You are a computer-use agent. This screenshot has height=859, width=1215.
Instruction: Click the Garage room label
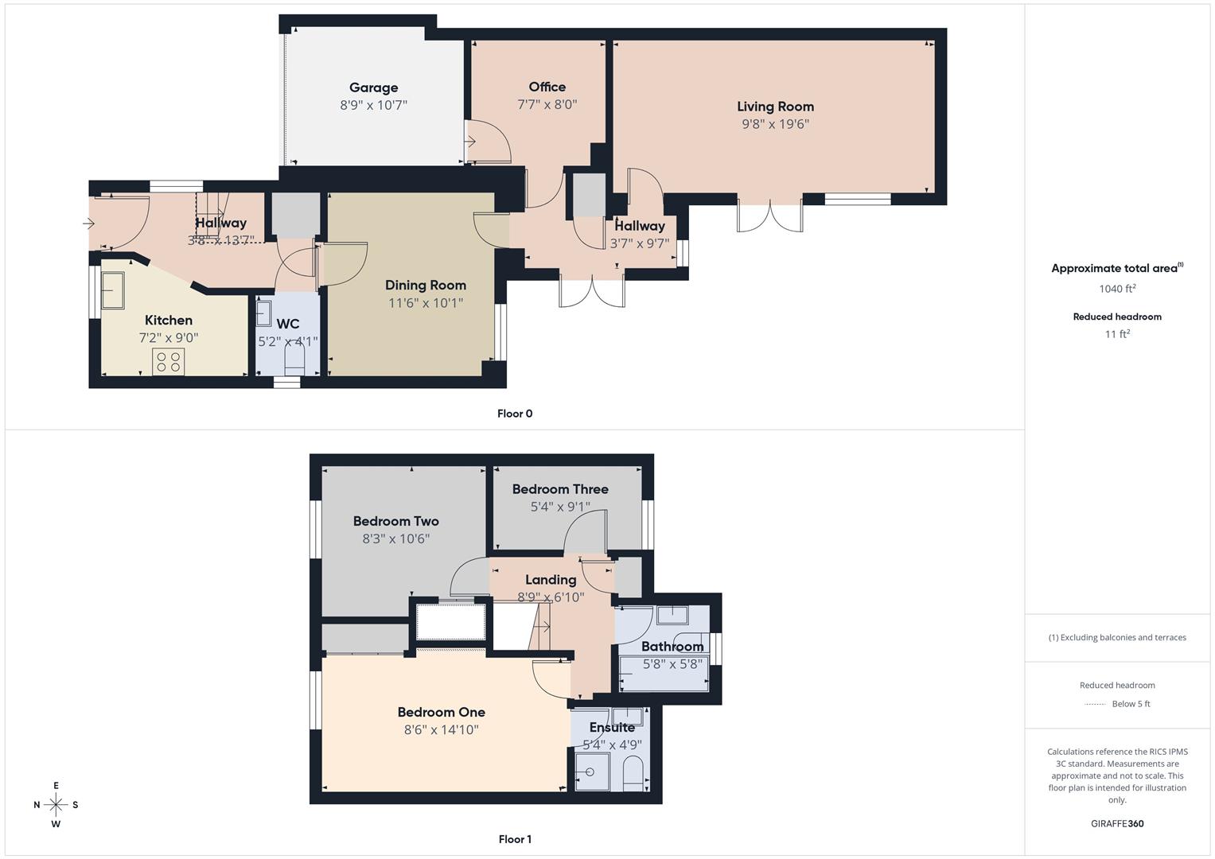tap(373, 87)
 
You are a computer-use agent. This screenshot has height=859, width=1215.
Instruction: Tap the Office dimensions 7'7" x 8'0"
tap(547, 104)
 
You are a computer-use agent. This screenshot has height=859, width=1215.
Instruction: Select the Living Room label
tap(775, 107)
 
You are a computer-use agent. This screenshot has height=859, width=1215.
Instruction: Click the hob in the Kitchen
tap(168, 362)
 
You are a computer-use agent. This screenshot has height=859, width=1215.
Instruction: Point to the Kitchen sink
tap(111, 290)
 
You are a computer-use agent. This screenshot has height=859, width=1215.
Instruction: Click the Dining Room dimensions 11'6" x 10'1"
tap(425, 303)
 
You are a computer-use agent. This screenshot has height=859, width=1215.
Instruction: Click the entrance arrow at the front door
tap(88, 224)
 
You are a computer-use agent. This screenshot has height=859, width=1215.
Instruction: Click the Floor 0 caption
tap(514, 414)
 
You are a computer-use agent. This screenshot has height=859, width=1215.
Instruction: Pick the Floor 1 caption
tap(514, 839)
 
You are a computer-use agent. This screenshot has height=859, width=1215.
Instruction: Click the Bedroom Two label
tap(395, 522)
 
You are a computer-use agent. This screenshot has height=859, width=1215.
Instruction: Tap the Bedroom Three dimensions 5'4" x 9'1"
tap(560, 507)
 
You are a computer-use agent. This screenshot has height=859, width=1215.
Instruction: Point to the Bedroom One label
tap(441, 713)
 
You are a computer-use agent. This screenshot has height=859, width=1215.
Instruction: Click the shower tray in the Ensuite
tap(591, 772)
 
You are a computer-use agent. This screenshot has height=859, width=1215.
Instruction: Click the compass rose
tap(56, 805)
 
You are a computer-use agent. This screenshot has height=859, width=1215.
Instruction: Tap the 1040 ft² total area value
tap(1117, 289)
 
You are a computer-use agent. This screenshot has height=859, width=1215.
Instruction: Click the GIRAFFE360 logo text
tap(1117, 824)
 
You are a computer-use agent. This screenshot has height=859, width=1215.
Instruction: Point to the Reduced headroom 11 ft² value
tap(1117, 334)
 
